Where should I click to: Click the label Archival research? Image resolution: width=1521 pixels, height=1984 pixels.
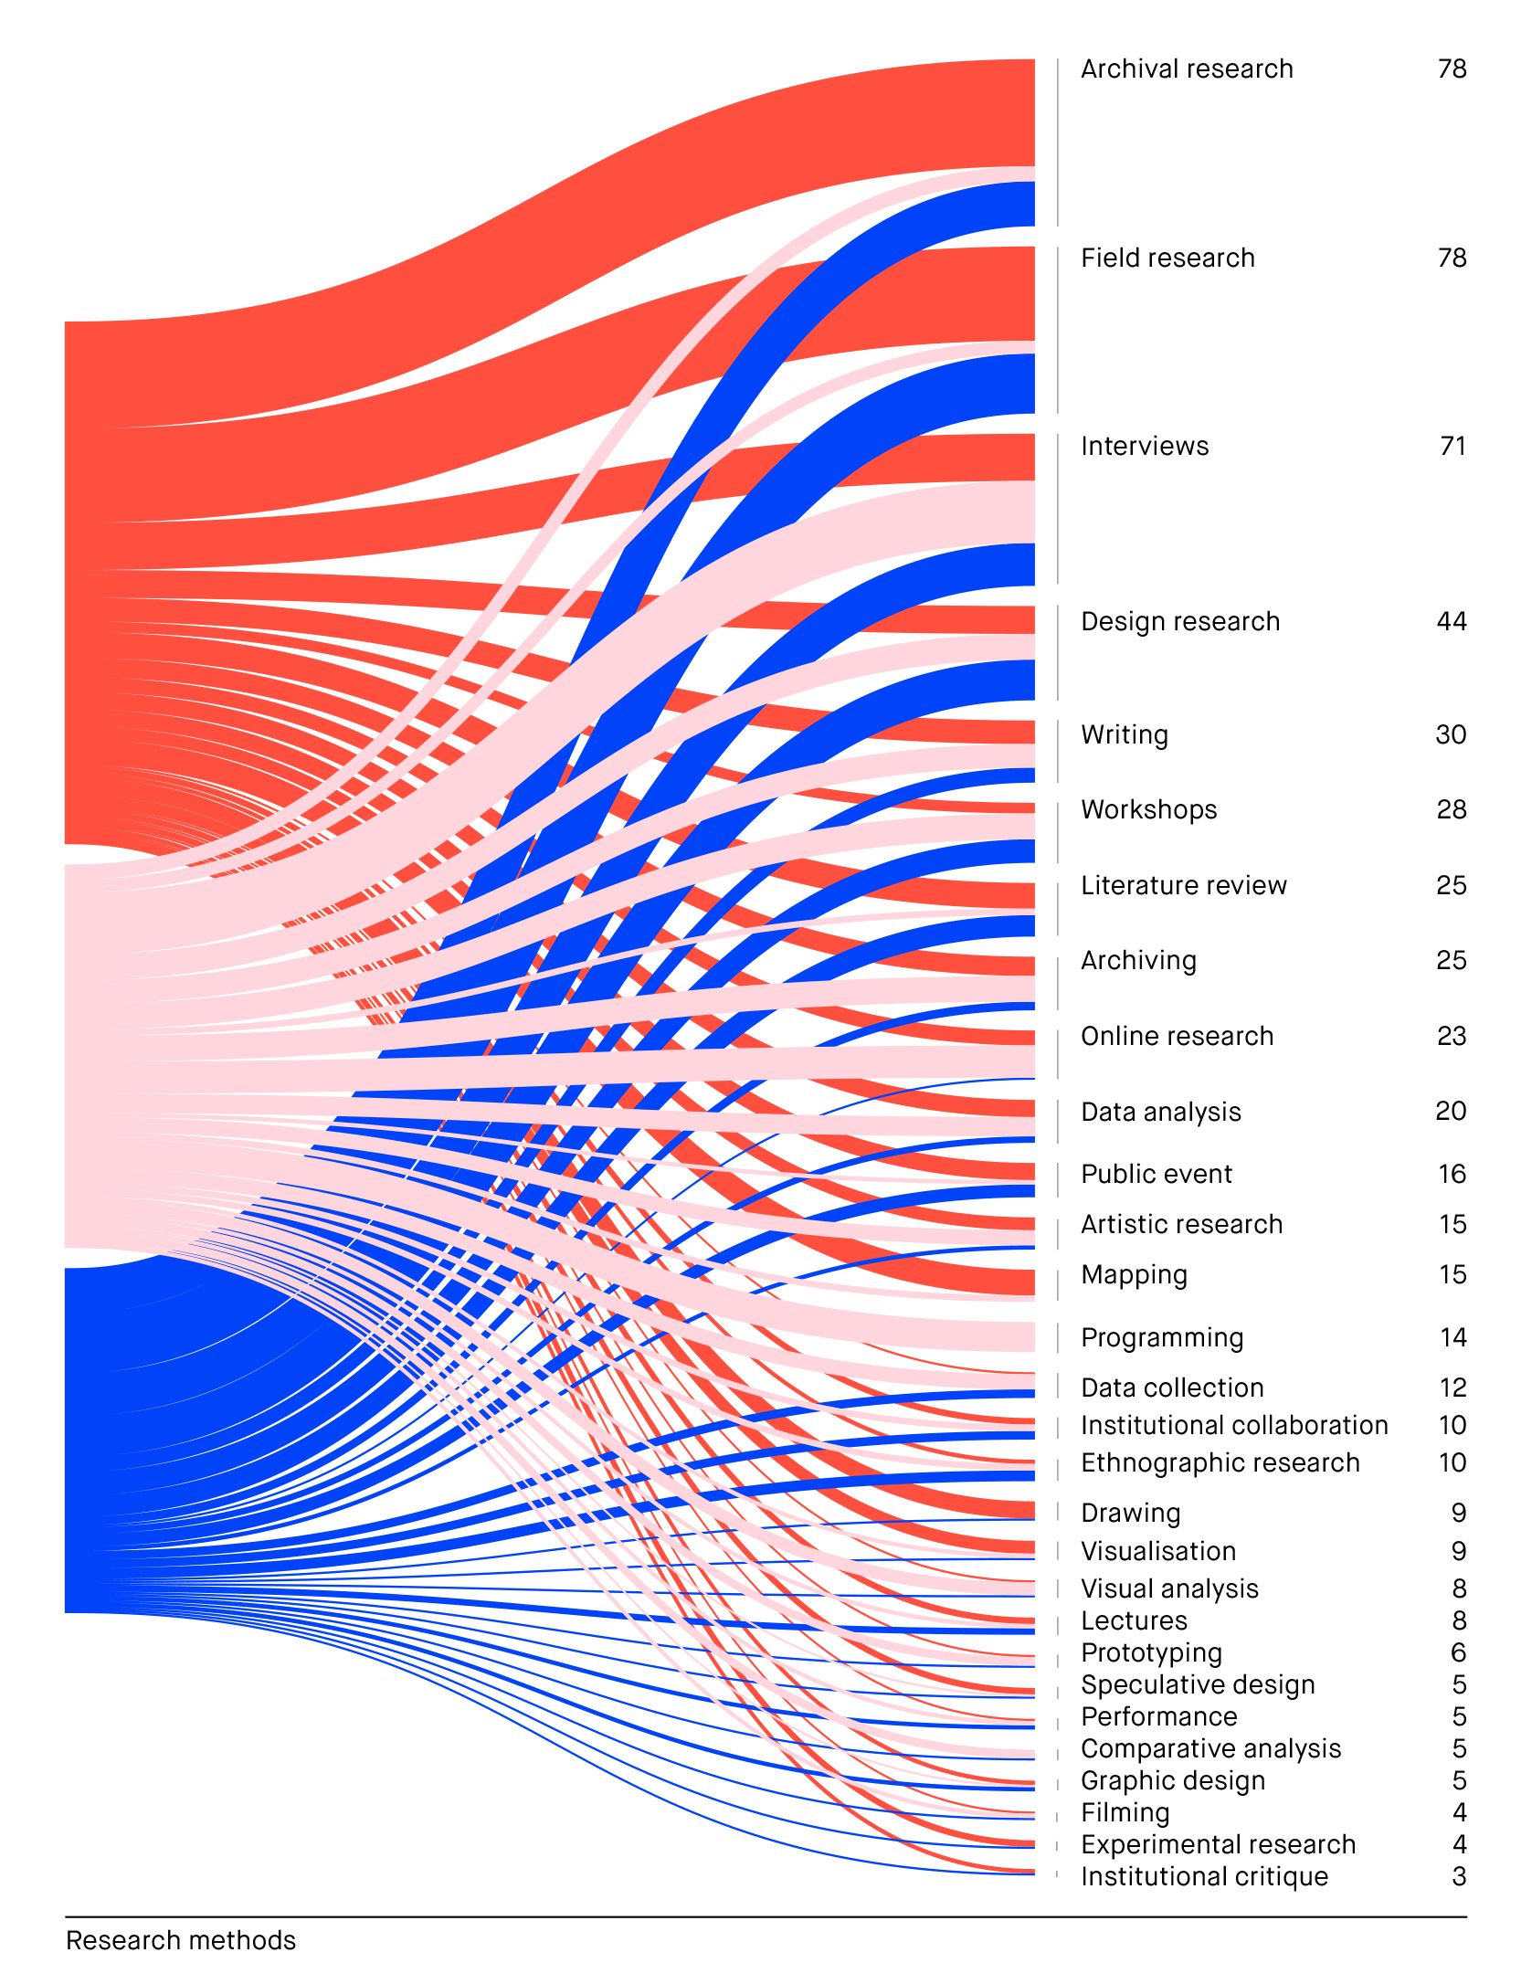(x=1186, y=69)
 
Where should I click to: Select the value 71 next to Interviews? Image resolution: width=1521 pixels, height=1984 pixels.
(x=1452, y=447)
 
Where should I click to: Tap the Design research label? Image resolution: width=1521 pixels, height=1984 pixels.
(x=1179, y=622)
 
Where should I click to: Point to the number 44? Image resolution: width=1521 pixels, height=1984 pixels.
(x=1451, y=622)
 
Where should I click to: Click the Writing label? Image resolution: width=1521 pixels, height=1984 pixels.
(x=1124, y=735)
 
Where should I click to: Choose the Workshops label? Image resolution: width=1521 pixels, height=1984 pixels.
(x=1148, y=810)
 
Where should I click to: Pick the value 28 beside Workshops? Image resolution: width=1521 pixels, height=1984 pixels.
(x=1451, y=810)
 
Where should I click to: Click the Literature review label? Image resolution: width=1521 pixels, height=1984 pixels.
(x=1183, y=886)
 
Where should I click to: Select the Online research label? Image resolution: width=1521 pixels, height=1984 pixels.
(x=1177, y=1037)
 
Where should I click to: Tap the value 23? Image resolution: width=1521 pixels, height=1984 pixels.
(x=1451, y=1037)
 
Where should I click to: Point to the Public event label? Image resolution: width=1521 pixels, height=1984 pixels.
(x=1156, y=1175)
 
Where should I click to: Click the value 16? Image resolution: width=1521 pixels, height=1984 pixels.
(x=1452, y=1175)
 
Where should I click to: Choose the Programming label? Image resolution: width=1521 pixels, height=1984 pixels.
(x=1161, y=1338)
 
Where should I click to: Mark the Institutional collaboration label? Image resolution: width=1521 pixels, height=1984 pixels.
(x=1233, y=1426)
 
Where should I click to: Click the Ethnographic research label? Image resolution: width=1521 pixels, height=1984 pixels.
(x=1220, y=1463)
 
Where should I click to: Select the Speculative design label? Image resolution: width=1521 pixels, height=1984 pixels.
(x=1197, y=1685)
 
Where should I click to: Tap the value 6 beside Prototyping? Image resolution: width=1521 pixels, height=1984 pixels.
(x=1458, y=1653)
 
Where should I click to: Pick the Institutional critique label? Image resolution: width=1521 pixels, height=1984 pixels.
(x=1204, y=1877)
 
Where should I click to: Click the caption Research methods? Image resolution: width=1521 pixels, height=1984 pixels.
(x=181, y=1941)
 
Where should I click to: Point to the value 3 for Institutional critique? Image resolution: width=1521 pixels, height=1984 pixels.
(x=1458, y=1877)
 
